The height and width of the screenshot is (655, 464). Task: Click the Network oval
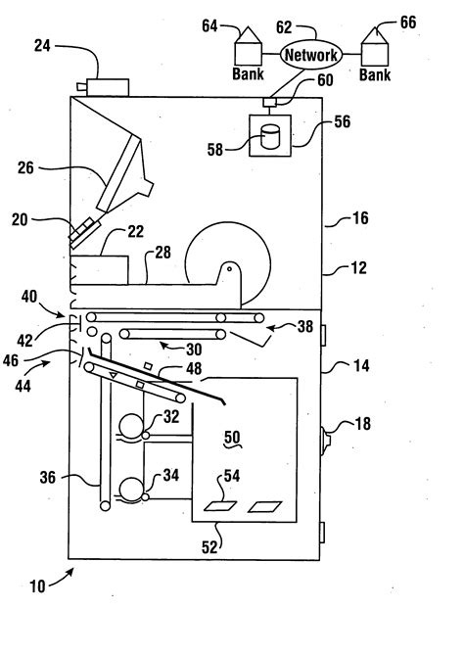tap(311, 54)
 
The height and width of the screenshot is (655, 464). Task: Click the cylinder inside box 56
tap(270, 137)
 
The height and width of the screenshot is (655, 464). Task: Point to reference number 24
tap(42, 46)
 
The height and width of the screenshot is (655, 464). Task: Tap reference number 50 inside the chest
tap(232, 438)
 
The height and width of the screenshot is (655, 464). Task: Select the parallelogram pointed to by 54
tap(220, 506)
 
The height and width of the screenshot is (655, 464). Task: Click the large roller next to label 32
tap(131, 426)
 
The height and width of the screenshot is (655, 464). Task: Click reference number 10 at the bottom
tap(37, 586)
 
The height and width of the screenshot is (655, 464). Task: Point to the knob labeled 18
tap(325, 441)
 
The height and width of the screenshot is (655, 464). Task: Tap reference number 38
tap(305, 326)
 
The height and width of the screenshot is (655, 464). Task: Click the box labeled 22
tap(100, 270)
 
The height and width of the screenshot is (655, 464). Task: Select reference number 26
tap(25, 167)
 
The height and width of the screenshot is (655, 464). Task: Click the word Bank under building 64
tap(248, 74)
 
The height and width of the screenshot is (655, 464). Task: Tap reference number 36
tap(48, 477)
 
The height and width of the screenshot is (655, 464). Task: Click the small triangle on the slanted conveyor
tap(114, 376)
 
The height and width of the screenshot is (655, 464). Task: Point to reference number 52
tap(209, 547)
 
